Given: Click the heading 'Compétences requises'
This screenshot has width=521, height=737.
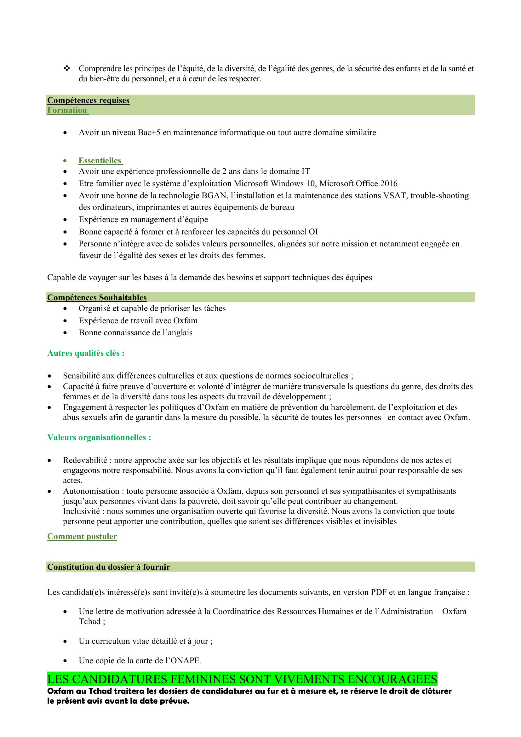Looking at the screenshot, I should tap(88, 101).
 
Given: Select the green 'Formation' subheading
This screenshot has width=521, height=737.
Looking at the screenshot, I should tap(67, 110).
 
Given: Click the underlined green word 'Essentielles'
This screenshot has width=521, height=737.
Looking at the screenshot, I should tap(100, 160).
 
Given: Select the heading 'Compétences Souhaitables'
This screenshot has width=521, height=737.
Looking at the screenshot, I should tap(97, 297).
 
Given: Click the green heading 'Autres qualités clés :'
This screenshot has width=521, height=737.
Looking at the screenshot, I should tap(86, 353).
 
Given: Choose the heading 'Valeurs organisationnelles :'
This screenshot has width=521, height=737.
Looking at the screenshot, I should tap(99, 438).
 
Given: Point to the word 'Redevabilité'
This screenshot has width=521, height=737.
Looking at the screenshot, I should tap(85, 460).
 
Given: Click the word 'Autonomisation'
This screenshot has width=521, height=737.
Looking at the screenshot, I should tap(91, 491).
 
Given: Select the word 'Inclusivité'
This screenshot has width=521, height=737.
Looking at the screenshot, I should tap(82, 511).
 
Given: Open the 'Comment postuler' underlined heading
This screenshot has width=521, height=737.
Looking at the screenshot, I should tap(82, 537).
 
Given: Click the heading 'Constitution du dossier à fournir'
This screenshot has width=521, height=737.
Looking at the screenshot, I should tap(109, 567).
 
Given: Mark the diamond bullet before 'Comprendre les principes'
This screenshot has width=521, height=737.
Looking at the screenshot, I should tap(67, 68).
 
